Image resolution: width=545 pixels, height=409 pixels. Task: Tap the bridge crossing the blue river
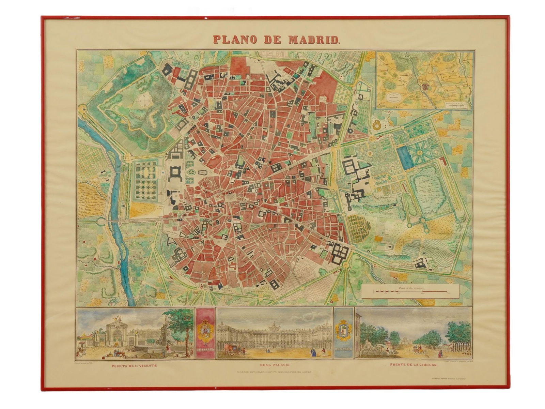point(112,222)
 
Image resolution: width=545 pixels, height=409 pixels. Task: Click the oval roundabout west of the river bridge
point(102,222)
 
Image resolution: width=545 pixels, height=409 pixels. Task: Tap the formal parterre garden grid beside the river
point(146,180)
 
